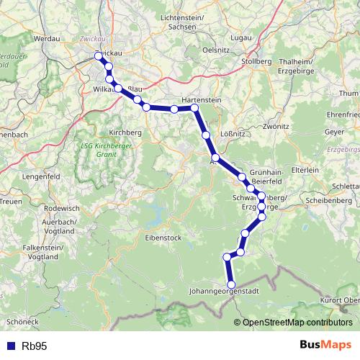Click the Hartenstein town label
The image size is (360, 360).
coord(201,100)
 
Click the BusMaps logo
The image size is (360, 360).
coord(325,346)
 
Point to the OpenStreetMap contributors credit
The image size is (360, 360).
coord(297,323)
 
